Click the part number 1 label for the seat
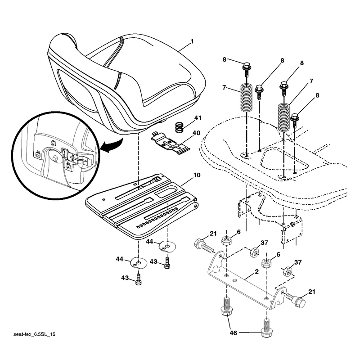192,41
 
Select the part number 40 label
196,133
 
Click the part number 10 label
197,175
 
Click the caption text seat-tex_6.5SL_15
35,334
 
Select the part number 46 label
233,333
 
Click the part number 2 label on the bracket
256,272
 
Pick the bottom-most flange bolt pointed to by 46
266,328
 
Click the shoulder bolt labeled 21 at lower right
296,300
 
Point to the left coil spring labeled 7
247,98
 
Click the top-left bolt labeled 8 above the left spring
247,69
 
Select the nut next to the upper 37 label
254,252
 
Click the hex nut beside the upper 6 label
226,241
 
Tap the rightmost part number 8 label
317,95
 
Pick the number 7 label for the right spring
311,81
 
